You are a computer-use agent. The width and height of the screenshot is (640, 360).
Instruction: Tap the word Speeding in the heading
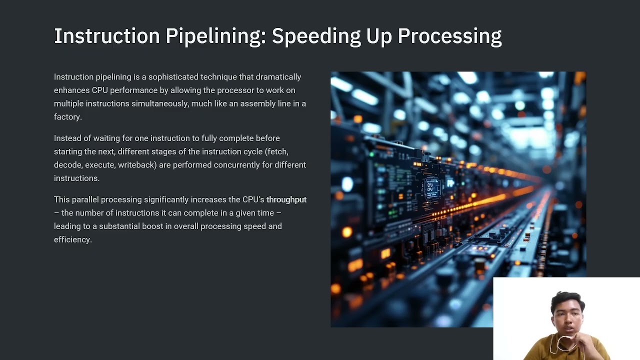[316, 36]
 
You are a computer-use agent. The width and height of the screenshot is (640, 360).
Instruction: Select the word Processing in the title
[449, 36]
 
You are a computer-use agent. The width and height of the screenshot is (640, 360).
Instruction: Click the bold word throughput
[286, 199]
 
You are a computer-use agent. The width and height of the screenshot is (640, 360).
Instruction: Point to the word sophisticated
[173, 77]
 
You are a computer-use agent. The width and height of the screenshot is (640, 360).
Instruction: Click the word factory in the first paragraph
[67, 117]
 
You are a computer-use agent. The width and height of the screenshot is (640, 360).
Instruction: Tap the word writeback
[137, 165]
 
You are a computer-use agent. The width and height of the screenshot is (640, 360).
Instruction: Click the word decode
[68, 165]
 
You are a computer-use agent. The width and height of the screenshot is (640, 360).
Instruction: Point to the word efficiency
[72, 239]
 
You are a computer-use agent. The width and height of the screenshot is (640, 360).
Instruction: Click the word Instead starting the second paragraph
[67, 138]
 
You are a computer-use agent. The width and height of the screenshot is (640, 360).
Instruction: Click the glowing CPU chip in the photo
[430, 187]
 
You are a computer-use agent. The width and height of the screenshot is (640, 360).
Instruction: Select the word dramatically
[278, 77]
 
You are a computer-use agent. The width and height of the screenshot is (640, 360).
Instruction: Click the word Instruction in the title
[107, 36]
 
